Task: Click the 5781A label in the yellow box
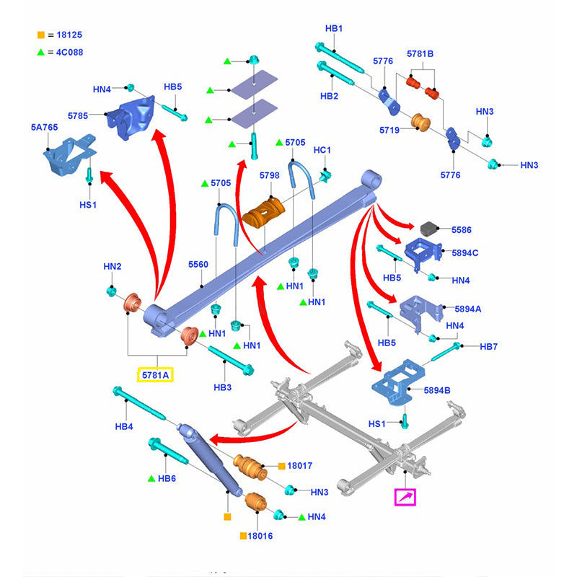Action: tap(155, 375)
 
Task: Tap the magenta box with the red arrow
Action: tap(405, 497)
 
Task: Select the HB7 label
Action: tap(488, 347)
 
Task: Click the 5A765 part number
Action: tap(44, 127)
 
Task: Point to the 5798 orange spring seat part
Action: tap(265, 212)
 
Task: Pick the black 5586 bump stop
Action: tap(431, 229)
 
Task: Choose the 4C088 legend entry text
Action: tap(69, 52)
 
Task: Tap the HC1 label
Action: tap(322, 150)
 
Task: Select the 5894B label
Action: tap(437, 390)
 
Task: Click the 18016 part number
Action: tap(260, 536)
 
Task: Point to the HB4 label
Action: tap(124, 426)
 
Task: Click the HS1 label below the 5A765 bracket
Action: tap(89, 204)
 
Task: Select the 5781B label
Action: tap(420, 53)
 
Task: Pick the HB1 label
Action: tap(333, 28)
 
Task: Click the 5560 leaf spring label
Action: tap(198, 265)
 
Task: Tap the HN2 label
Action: tap(112, 266)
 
